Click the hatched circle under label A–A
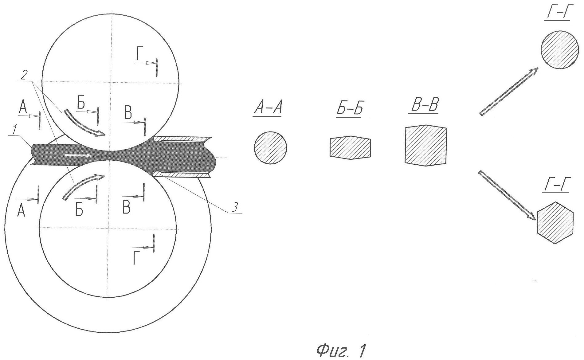click(270, 148)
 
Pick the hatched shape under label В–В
click(426, 145)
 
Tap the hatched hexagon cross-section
click(555, 223)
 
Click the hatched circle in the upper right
click(559, 50)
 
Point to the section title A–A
click(267, 109)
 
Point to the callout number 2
click(24, 74)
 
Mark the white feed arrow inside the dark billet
click(78, 155)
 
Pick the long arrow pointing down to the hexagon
click(507, 195)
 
